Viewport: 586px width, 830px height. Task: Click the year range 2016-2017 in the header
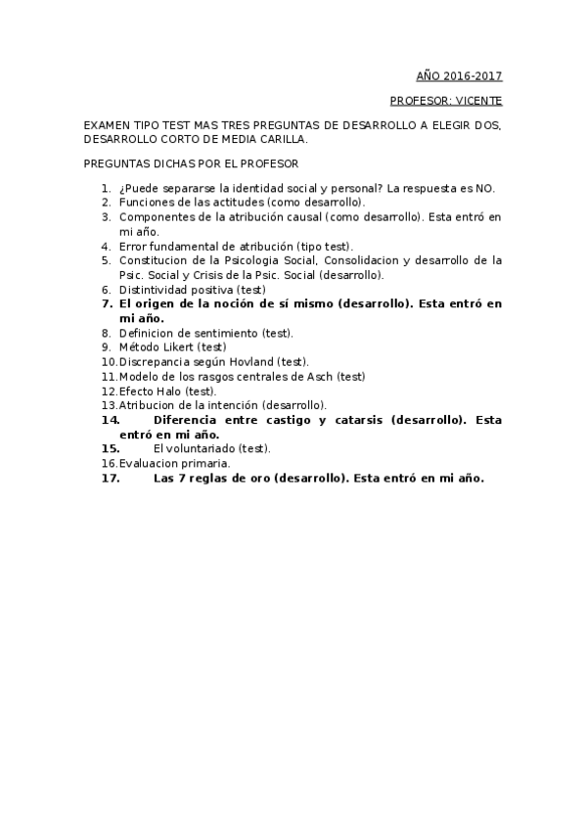click(x=473, y=75)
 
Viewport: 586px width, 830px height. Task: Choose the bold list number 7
click(x=107, y=304)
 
